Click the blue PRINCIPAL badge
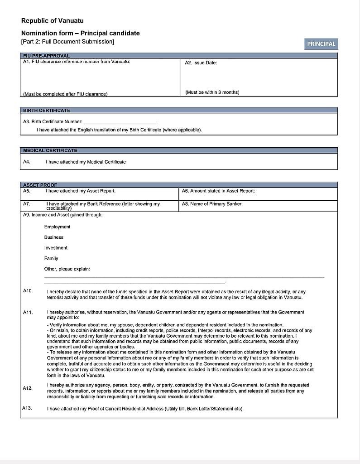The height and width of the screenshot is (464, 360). point(321,44)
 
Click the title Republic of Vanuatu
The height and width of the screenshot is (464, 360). point(52,21)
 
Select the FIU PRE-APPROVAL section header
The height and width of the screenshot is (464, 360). point(46,56)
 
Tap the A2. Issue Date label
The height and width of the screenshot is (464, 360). point(201,63)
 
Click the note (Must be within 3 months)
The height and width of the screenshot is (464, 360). point(212,92)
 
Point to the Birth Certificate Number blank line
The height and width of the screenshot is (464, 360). point(120,122)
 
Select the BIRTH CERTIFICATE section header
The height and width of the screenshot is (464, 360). point(47,111)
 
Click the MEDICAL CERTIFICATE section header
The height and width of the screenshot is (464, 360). point(50,150)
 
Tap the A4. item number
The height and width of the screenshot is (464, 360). point(27,162)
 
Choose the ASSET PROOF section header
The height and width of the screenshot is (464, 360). point(40,185)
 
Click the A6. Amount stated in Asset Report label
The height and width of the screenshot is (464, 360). point(218,191)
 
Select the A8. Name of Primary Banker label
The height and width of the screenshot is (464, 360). point(212,204)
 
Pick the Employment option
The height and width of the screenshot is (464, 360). point(57,227)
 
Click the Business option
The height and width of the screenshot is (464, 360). point(54,237)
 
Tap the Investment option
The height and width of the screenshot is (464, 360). point(56,248)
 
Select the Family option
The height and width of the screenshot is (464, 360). point(51,259)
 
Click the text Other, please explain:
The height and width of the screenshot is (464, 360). point(67,269)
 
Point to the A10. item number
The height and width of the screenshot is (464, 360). point(28,291)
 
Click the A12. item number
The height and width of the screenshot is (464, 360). point(28,388)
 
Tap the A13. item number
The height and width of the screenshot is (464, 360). point(27,408)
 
